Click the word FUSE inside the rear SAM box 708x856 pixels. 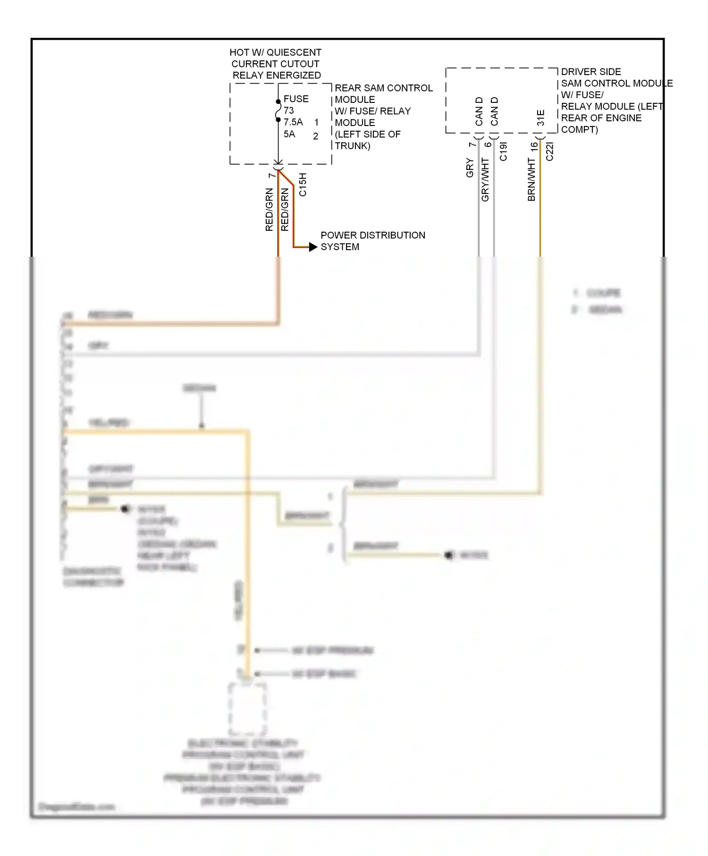pyautogui.click(x=296, y=99)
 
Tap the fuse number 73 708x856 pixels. pyautogui.click(x=289, y=110)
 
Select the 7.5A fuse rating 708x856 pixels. pyautogui.click(x=293, y=122)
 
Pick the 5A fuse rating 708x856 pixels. pyautogui.click(x=289, y=134)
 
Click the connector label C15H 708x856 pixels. pyautogui.click(x=303, y=185)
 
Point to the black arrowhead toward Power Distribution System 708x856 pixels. pyautogui.click(x=313, y=247)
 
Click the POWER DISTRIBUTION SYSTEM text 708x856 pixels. pyautogui.click(x=372, y=241)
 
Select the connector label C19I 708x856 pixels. pyautogui.click(x=503, y=151)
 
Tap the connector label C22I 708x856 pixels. pyautogui.click(x=549, y=151)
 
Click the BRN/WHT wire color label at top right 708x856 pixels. pyautogui.click(x=531, y=179)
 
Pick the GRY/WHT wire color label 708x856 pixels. pyautogui.click(x=485, y=179)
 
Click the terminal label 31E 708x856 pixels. pyautogui.click(x=541, y=117)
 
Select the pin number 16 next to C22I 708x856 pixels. pyautogui.click(x=534, y=147)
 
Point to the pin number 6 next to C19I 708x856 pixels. pyautogui.click(x=488, y=144)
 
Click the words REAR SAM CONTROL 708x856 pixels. pyautogui.click(x=383, y=88)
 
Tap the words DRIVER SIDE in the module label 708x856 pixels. pyautogui.click(x=591, y=72)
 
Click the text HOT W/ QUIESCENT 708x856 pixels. pyautogui.click(x=275, y=52)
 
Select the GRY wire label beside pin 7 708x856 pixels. pyautogui.click(x=470, y=168)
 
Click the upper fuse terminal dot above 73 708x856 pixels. pyautogui.click(x=278, y=101)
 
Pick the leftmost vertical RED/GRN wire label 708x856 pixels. pyautogui.click(x=269, y=209)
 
